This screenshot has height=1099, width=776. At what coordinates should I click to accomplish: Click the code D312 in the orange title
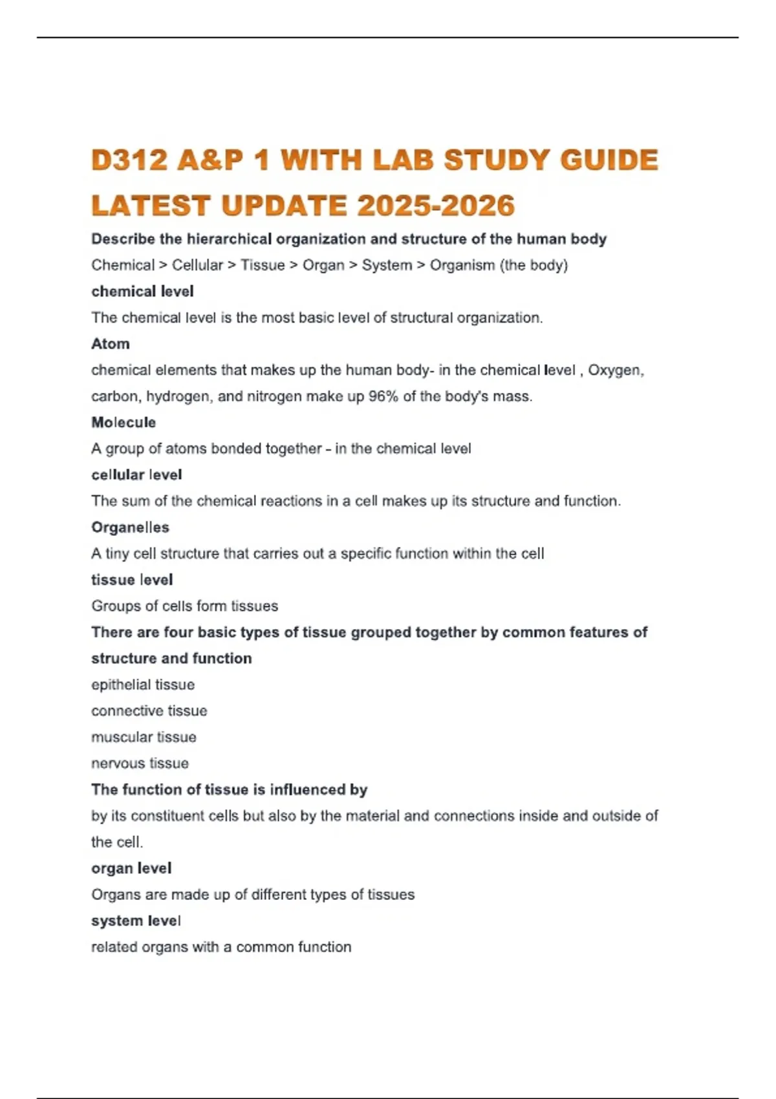(x=130, y=160)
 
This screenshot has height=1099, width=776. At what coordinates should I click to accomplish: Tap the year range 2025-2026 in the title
(x=436, y=206)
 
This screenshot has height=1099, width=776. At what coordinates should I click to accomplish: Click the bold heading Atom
(x=111, y=344)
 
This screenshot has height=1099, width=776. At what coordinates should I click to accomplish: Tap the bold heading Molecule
(x=124, y=422)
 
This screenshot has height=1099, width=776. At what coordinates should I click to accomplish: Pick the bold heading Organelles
(x=130, y=528)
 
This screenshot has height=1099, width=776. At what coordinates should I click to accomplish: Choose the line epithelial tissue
(x=143, y=685)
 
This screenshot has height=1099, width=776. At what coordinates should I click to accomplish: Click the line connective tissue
(x=149, y=710)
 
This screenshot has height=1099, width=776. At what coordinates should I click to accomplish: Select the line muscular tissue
(x=144, y=737)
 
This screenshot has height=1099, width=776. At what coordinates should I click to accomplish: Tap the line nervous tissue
(x=140, y=763)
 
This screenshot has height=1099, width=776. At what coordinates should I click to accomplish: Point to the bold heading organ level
(x=131, y=868)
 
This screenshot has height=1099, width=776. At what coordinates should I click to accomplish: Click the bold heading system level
(x=136, y=921)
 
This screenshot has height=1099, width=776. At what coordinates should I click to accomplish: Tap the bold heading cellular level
(x=136, y=475)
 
